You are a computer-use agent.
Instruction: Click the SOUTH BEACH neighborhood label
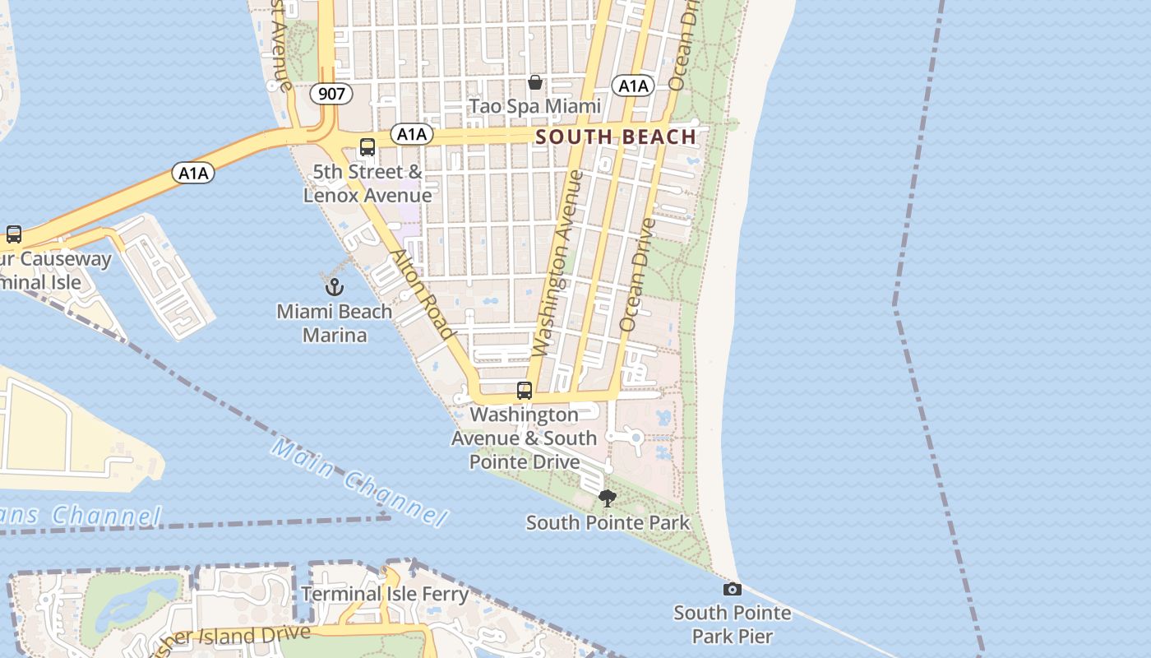pos(616,137)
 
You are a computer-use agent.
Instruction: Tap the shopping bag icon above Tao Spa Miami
pos(535,82)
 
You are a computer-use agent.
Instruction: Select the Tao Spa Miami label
pos(535,106)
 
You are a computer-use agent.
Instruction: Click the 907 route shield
pos(331,94)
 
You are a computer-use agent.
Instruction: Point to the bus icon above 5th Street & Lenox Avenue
pos(367,147)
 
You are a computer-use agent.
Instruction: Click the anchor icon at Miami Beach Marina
pos(334,287)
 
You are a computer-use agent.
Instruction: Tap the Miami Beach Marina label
pos(334,323)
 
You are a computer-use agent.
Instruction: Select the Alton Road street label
pos(423,293)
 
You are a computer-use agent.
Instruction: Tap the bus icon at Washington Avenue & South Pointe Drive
pos(525,391)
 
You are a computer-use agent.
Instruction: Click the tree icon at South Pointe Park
pos(607,498)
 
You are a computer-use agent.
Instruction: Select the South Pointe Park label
pos(608,522)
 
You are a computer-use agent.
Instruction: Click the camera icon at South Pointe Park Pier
pos(732,589)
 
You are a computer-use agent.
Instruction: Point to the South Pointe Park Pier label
pos(732,624)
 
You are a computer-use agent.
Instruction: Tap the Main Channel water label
pos(359,482)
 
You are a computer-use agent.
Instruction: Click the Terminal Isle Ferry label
pos(384,594)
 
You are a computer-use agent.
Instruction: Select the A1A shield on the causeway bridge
pos(193,173)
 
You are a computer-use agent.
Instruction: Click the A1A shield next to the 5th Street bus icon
pos(411,134)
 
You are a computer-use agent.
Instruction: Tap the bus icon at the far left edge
pos(14,234)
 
